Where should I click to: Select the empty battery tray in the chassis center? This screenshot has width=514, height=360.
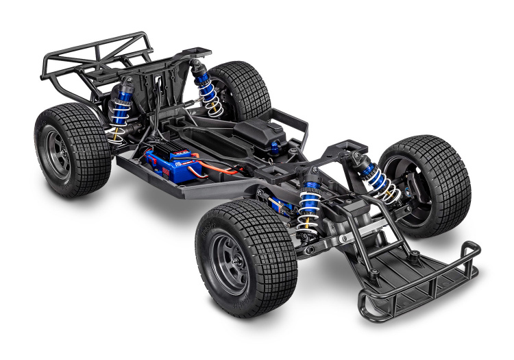click(x=219, y=137)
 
